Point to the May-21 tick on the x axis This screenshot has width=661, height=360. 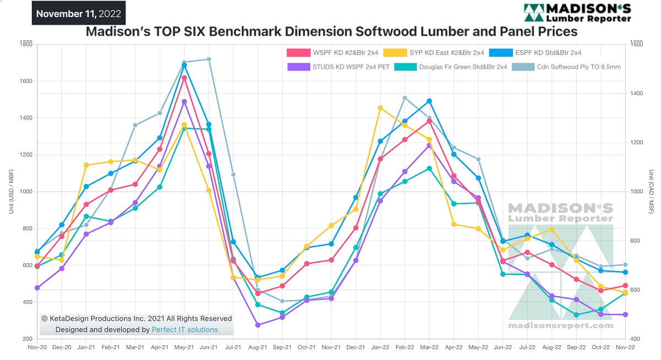click(x=184, y=348)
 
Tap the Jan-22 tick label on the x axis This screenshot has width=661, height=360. click(x=380, y=348)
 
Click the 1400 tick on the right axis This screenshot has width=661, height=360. click(x=637, y=94)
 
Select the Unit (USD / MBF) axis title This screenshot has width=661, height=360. click(x=10, y=192)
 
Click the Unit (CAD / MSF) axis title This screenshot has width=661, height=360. click(x=651, y=192)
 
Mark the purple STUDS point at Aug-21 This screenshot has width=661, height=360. click(x=258, y=325)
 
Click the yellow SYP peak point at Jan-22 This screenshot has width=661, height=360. click(x=380, y=108)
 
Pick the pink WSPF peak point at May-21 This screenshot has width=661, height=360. click(x=184, y=78)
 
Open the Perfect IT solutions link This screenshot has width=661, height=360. click(x=185, y=330)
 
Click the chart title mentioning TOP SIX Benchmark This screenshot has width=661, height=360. click(x=331, y=32)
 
